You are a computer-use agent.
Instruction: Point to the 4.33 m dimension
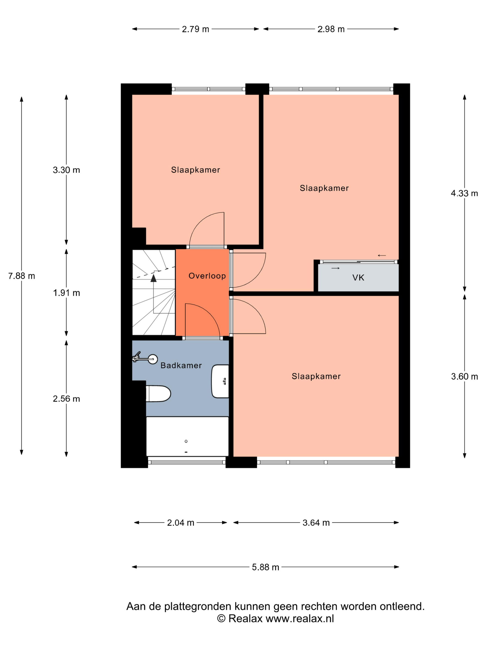(464, 193)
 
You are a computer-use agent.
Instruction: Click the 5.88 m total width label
(265, 567)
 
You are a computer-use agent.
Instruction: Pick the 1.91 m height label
(66, 293)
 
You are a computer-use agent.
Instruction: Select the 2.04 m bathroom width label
(181, 523)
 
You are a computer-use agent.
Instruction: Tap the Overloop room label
(207, 276)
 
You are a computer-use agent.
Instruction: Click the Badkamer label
(181, 365)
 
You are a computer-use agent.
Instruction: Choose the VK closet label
(358, 277)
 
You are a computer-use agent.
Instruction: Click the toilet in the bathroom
(158, 393)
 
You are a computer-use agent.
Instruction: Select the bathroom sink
(220, 381)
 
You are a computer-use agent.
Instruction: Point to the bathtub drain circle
(186, 441)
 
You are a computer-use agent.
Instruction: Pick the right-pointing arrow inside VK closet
(335, 268)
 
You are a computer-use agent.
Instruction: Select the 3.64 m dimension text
(316, 523)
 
